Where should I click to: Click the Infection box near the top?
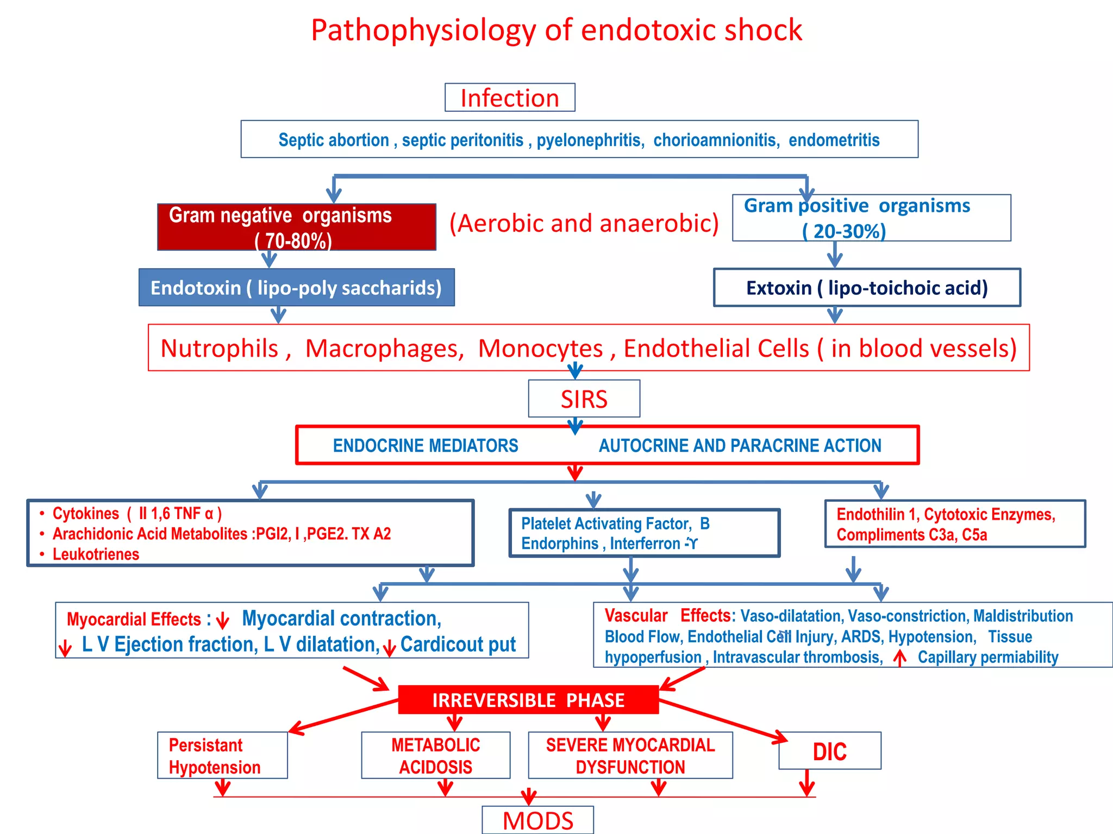[509, 98]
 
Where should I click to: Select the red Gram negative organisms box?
[296, 227]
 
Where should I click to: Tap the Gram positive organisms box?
[871, 218]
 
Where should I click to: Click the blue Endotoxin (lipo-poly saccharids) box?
[296, 287]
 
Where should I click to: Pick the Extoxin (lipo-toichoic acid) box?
[866, 287]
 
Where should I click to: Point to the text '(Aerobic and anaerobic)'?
[584, 223]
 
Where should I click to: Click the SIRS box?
[584, 399]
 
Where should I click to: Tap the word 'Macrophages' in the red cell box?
[384, 349]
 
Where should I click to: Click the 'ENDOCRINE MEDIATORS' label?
[425, 446]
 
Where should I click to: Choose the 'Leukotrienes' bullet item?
[96, 554]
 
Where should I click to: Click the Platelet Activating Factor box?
[644, 533]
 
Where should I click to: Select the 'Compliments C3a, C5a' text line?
[911, 535]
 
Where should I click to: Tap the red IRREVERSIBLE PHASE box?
[528, 700]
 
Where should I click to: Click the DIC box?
[829, 751]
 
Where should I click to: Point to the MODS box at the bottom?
[537, 820]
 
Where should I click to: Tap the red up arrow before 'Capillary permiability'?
[900, 658]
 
